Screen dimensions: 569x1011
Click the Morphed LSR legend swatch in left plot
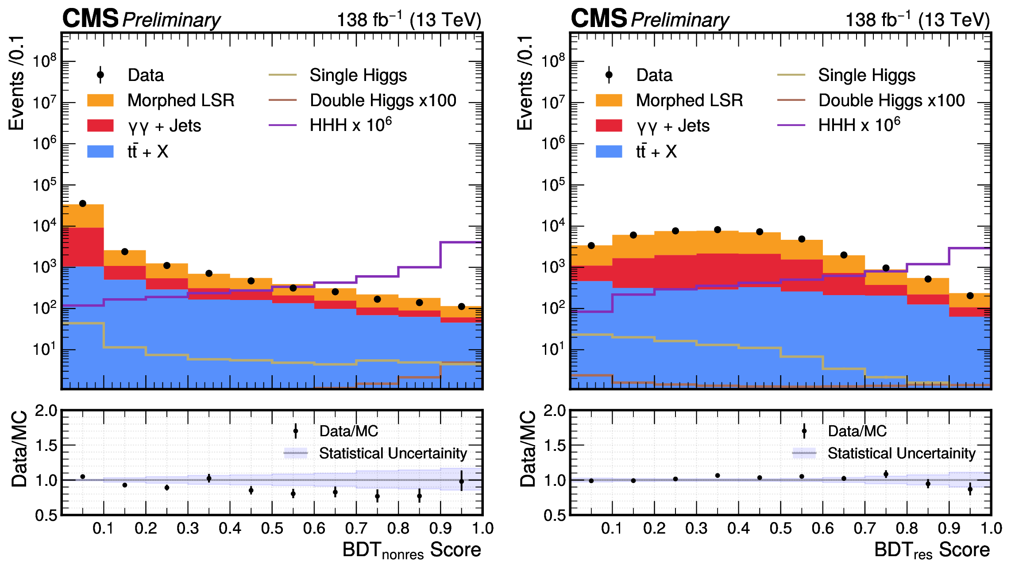point(100,100)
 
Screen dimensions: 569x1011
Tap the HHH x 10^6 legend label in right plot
point(859,125)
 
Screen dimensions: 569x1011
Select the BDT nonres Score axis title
point(412,550)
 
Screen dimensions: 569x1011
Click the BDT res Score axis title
point(932,550)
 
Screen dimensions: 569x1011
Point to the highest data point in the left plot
point(82,204)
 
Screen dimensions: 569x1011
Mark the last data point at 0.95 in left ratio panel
point(461,481)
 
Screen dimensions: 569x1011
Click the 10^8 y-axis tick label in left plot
point(45,61)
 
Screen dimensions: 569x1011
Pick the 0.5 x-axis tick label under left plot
point(272,528)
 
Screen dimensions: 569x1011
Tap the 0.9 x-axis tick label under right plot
point(949,528)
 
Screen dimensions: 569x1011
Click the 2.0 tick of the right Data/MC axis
point(554,411)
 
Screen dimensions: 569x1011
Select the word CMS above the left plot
point(91,19)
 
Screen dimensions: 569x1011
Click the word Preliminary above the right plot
point(679,20)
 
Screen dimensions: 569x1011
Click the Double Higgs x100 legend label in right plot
point(891,100)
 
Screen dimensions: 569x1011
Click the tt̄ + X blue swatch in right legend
point(609,151)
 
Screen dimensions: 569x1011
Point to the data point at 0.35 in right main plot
point(718,230)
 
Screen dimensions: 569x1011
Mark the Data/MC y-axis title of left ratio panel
point(19,449)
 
